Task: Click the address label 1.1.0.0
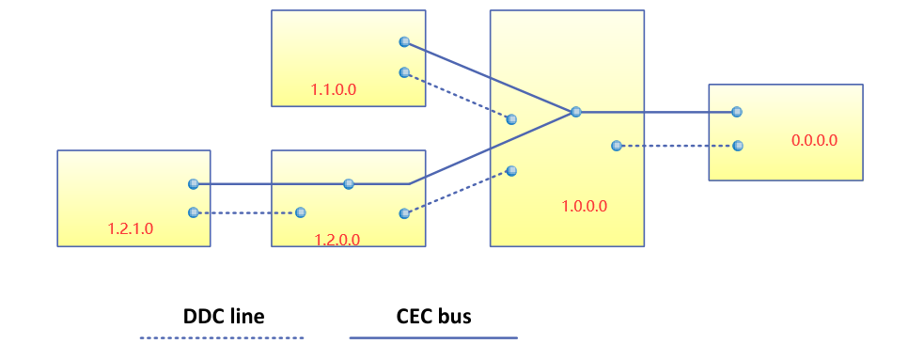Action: click(x=334, y=90)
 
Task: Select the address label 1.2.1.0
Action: click(x=130, y=228)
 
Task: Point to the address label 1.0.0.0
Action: click(x=583, y=206)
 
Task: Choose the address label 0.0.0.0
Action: click(x=814, y=140)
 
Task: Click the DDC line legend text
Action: click(x=223, y=317)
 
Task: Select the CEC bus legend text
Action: click(x=433, y=317)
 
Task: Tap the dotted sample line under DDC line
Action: click(x=223, y=337)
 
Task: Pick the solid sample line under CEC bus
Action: click(x=433, y=337)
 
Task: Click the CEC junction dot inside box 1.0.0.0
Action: click(x=576, y=112)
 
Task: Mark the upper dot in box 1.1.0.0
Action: click(x=404, y=41)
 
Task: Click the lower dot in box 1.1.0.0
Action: click(x=404, y=72)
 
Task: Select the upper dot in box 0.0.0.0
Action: click(x=737, y=112)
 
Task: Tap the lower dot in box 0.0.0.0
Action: click(x=737, y=146)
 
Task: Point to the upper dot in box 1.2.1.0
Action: click(x=193, y=184)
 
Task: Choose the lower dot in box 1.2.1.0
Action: click(x=193, y=213)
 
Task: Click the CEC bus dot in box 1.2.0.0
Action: click(x=349, y=184)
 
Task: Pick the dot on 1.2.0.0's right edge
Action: click(x=404, y=213)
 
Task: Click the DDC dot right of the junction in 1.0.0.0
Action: click(x=616, y=146)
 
